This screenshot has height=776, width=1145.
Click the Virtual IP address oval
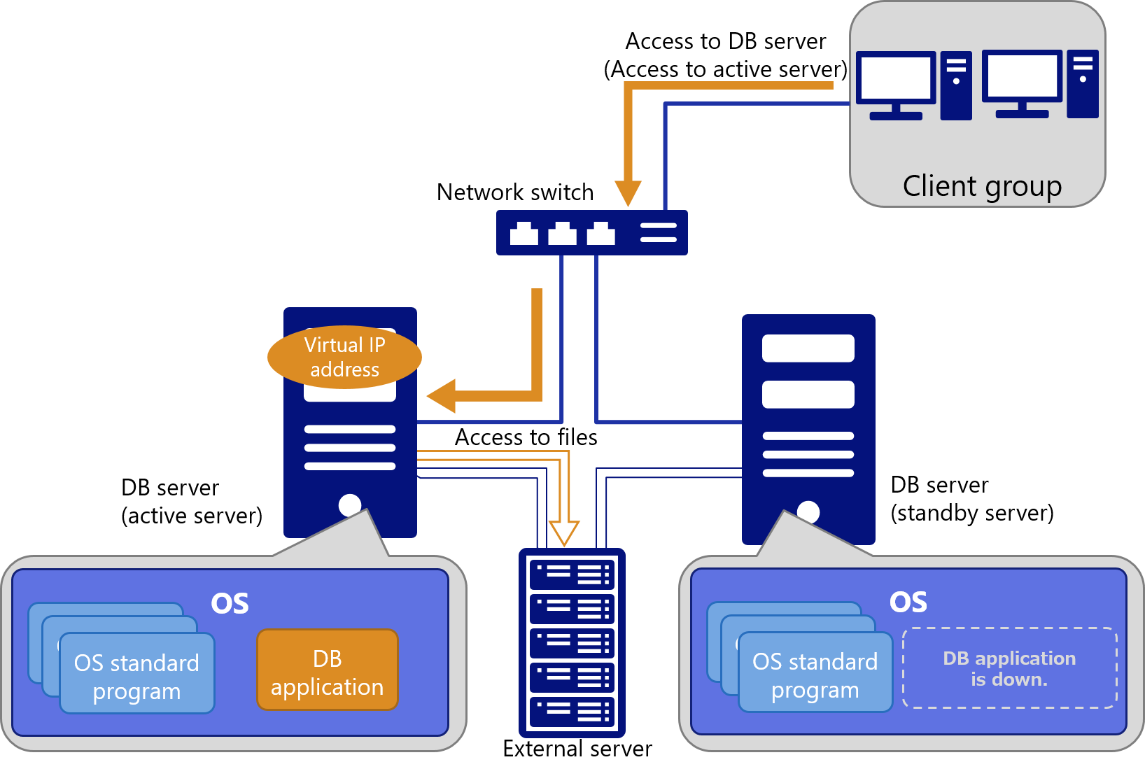(x=344, y=357)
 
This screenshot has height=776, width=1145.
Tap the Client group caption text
(x=982, y=186)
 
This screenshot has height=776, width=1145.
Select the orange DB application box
(x=328, y=670)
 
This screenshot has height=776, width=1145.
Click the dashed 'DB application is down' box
(x=1009, y=668)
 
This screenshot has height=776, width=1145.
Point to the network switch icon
(x=591, y=232)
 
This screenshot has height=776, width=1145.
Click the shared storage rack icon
(x=572, y=642)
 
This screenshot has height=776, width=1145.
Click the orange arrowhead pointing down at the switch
(x=628, y=192)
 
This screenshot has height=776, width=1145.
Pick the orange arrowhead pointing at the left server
(x=442, y=396)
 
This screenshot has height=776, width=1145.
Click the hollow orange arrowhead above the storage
(x=564, y=532)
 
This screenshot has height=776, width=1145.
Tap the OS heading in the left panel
(x=230, y=603)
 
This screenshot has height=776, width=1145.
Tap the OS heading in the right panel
(x=908, y=602)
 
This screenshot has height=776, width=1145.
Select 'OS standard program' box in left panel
(x=136, y=675)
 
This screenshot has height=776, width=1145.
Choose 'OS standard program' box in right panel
(x=815, y=673)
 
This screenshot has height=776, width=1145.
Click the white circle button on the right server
(x=808, y=512)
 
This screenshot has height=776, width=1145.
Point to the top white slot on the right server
(x=808, y=348)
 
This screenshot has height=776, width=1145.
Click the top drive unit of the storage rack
(x=572, y=574)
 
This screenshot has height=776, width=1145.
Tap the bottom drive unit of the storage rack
(x=572, y=712)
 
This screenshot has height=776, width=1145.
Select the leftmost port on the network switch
(x=524, y=234)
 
